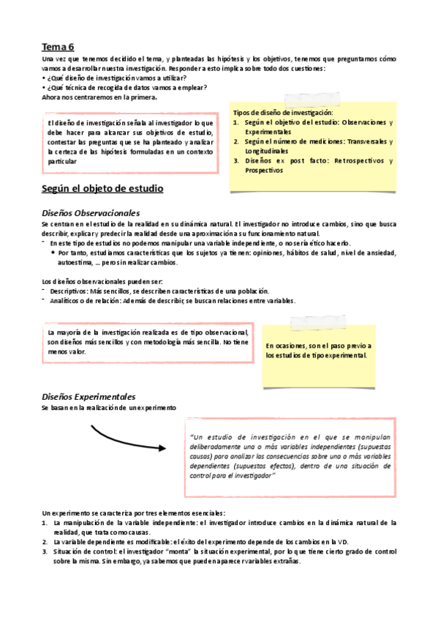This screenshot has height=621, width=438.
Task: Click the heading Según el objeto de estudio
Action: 102,189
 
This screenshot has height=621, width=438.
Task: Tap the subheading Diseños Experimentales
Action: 88,396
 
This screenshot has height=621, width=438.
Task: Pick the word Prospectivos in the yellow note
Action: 264,170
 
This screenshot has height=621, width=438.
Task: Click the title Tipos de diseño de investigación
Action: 283,112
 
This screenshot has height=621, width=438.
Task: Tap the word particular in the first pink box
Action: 62,161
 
